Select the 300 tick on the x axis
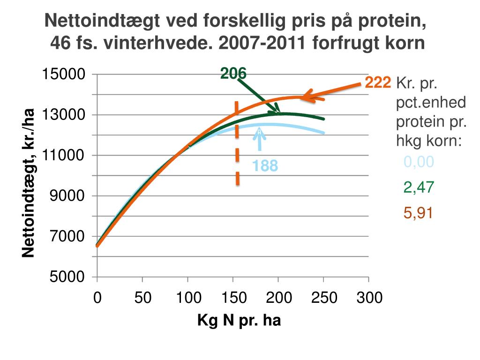pyautogui.click(x=369, y=297)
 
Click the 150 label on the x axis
pyautogui.click(x=233, y=297)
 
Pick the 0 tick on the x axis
pyautogui.click(x=97, y=297)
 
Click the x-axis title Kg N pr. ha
pyautogui.click(x=239, y=321)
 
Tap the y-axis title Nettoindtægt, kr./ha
pyautogui.click(x=29, y=183)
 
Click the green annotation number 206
pyautogui.click(x=233, y=73)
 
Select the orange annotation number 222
pyautogui.click(x=378, y=83)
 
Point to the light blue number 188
pyautogui.click(x=265, y=166)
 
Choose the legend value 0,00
pyautogui.click(x=419, y=162)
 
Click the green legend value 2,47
pyautogui.click(x=419, y=187)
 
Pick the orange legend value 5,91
pyautogui.click(x=419, y=213)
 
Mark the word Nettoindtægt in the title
pyautogui.click(x=100, y=21)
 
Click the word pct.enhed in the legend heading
pyautogui.click(x=431, y=103)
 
